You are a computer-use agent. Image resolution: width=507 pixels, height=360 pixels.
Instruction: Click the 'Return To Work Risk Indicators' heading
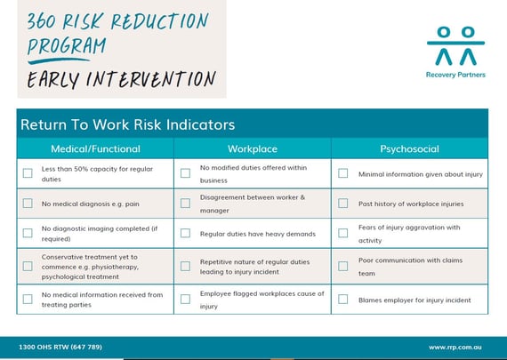coord(127,124)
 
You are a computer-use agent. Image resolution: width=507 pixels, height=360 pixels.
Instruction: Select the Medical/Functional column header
coord(95,148)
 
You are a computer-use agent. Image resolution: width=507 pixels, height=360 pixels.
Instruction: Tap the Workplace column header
coord(253,148)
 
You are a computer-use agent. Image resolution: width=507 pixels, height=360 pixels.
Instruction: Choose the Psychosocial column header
coord(409,148)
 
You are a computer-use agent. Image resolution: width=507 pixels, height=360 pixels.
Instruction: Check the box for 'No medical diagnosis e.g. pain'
coord(28,204)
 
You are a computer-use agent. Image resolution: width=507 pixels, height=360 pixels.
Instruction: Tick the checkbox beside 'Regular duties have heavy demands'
coord(185,234)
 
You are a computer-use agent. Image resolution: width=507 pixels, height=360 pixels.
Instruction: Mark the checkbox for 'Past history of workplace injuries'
coord(342,204)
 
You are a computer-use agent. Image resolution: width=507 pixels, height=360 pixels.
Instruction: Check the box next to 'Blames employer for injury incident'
coord(342,300)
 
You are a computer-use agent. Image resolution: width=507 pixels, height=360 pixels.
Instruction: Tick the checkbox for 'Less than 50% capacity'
coord(28,173)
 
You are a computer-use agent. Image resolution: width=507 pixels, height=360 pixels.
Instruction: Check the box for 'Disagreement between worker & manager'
coord(185,204)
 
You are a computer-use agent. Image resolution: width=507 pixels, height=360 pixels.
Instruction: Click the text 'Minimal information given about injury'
coord(420,174)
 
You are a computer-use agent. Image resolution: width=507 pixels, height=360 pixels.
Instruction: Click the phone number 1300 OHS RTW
coord(60,347)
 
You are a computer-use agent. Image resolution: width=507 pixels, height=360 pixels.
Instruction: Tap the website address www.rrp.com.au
coord(455,347)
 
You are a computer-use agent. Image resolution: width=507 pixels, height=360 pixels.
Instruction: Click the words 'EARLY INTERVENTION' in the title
coord(121,80)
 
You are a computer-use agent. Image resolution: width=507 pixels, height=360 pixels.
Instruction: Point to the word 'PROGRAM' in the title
coord(66,46)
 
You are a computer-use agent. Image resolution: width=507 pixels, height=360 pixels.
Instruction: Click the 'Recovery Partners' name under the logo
coord(455,75)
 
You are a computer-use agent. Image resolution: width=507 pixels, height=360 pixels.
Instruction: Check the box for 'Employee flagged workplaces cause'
coord(185,299)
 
